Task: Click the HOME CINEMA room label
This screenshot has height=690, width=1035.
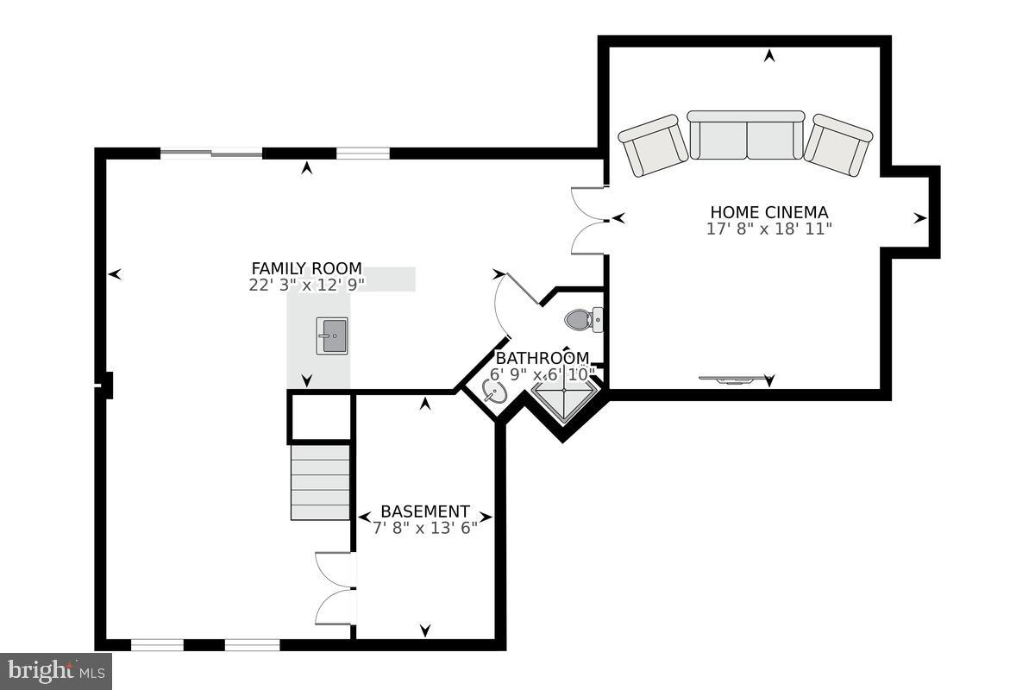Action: coord(768,212)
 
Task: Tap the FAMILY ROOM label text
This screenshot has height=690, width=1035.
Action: coord(306,268)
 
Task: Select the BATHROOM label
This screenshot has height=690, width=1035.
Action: coord(542,358)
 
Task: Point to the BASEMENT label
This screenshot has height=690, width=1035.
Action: coord(425,511)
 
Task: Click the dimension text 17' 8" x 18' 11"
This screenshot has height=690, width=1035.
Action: coord(768,229)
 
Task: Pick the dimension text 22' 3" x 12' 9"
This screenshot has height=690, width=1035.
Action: coord(306,285)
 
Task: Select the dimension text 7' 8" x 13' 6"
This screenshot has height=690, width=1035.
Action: coord(425,528)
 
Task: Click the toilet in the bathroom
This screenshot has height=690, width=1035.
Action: coord(583,321)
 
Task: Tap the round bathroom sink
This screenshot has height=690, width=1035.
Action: coord(495,393)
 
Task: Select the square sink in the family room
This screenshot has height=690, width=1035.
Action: coord(332,336)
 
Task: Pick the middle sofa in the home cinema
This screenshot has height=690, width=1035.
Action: coord(746,135)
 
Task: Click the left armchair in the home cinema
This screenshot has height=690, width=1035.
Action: coord(654,145)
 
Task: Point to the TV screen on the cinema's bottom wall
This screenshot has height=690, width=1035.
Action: coord(731,379)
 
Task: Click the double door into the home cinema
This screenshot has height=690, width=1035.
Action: coord(590,220)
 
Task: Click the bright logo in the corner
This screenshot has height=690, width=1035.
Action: coord(56,671)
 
